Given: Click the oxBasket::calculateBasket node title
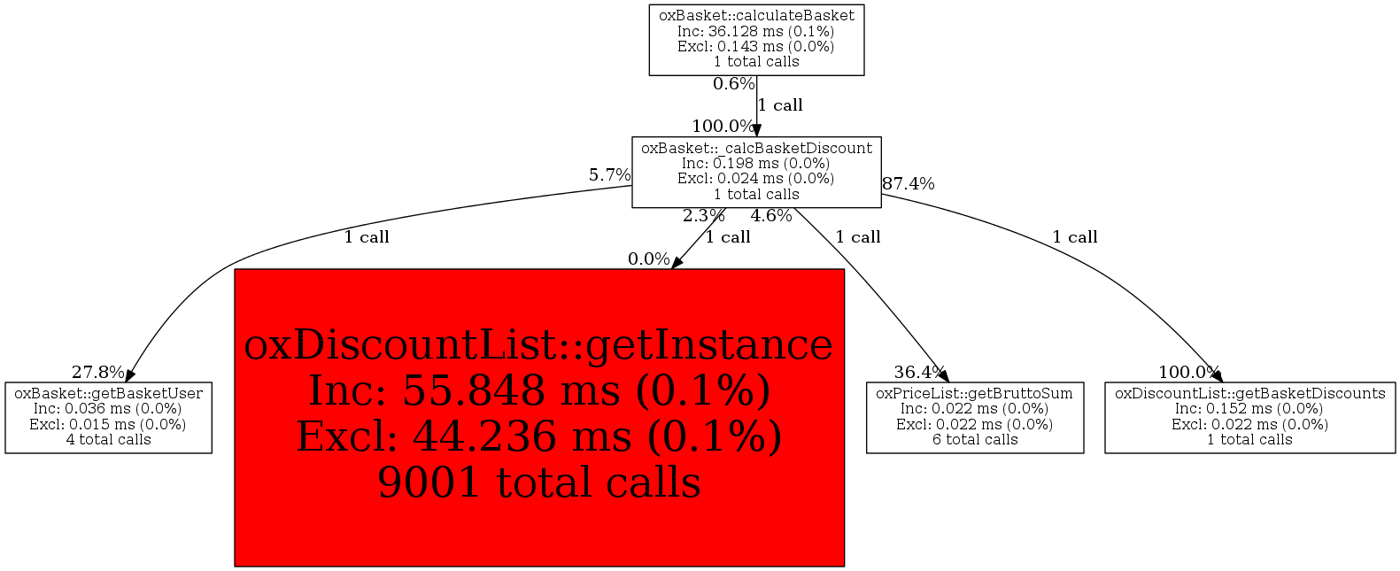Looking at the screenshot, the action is coord(756,16).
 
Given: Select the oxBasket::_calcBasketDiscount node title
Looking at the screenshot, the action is coord(756,149).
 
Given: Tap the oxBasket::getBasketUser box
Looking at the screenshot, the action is coord(109,418).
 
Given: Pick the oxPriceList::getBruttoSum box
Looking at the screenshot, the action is coord(975,418).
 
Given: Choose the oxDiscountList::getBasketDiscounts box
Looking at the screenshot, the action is coord(1250,418).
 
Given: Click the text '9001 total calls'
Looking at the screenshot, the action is coord(539,483).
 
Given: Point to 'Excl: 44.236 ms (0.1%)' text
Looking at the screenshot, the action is coord(539,437).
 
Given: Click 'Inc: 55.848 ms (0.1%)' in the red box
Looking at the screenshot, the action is coord(539,391).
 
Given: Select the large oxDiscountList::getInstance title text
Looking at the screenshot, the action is coord(538,345).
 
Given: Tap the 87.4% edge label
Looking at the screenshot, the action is coord(909,184).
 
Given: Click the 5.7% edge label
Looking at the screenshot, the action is coord(610,175).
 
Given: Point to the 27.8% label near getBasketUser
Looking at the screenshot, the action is coord(98,373).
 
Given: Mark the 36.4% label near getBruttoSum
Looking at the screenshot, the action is coord(920,373).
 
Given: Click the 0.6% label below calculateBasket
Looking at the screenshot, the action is coord(734,84).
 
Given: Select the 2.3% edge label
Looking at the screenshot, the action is coord(704,216).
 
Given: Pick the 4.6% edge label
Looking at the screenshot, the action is coord(771,216).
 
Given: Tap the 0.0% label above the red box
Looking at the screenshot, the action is coord(649,259).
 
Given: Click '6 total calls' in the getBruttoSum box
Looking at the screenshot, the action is coord(975,440).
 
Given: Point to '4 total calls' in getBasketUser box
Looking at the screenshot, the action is coord(109,440).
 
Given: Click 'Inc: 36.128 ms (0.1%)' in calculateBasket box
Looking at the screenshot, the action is coord(756,32).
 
